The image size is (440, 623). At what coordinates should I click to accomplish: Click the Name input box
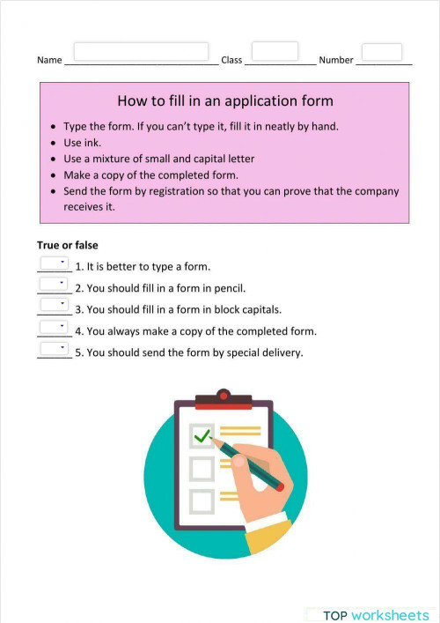(141, 52)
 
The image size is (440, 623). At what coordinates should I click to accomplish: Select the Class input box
(275, 51)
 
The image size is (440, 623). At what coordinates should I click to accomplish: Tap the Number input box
(382, 52)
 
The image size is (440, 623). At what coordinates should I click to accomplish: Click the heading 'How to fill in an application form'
(224, 101)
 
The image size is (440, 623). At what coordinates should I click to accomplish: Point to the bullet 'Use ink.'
(86, 142)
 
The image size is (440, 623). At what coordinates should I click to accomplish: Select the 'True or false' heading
(67, 245)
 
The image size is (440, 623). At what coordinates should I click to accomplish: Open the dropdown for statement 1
(54, 263)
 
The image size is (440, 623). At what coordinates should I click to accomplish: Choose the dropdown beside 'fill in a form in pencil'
(54, 284)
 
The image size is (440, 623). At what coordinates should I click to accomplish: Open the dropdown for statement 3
(54, 305)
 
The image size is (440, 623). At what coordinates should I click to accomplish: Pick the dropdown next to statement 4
(54, 327)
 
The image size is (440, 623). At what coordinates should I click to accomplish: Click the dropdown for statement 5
(54, 349)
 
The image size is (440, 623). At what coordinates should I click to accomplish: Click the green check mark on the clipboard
(203, 434)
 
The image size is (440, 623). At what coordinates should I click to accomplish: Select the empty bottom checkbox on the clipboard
(202, 501)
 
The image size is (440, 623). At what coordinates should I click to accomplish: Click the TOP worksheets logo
(375, 615)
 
